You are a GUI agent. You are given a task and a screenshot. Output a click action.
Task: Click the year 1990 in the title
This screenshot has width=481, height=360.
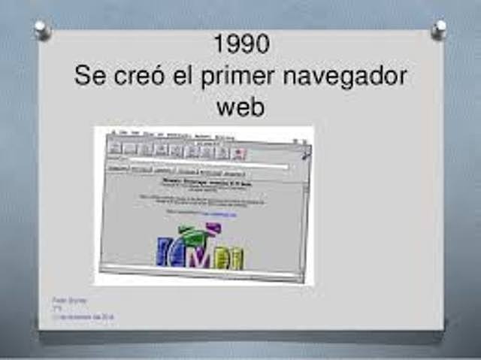[240, 44]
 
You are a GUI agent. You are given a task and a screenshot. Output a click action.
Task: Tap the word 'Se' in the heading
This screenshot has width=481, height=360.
[90, 77]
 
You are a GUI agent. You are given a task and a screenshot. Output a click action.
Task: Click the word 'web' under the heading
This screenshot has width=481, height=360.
[240, 107]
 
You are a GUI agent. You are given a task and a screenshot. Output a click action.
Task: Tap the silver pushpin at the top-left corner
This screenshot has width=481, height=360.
[41, 29]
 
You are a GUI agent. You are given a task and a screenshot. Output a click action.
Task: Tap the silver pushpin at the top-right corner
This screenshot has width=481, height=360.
[439, 29]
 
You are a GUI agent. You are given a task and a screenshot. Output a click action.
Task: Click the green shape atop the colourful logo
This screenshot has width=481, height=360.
[193, 235]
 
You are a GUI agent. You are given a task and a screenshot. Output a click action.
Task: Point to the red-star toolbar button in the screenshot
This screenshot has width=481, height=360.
[238, 153]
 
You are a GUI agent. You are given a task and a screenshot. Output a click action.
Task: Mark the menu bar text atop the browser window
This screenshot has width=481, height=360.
[173, 136]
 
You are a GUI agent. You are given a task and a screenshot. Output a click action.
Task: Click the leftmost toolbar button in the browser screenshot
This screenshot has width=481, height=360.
[115, 147]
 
